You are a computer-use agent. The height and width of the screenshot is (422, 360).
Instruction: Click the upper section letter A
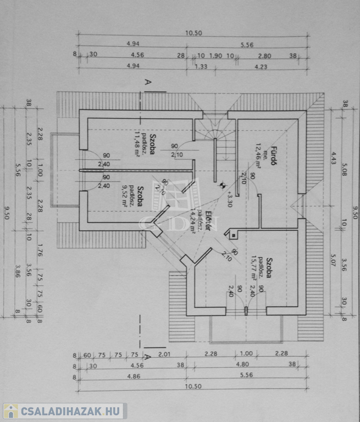coord(147,82)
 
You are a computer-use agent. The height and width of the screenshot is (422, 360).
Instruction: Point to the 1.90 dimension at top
coord(215,55)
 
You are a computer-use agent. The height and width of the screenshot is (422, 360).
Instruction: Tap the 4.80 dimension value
coord(243,365)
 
